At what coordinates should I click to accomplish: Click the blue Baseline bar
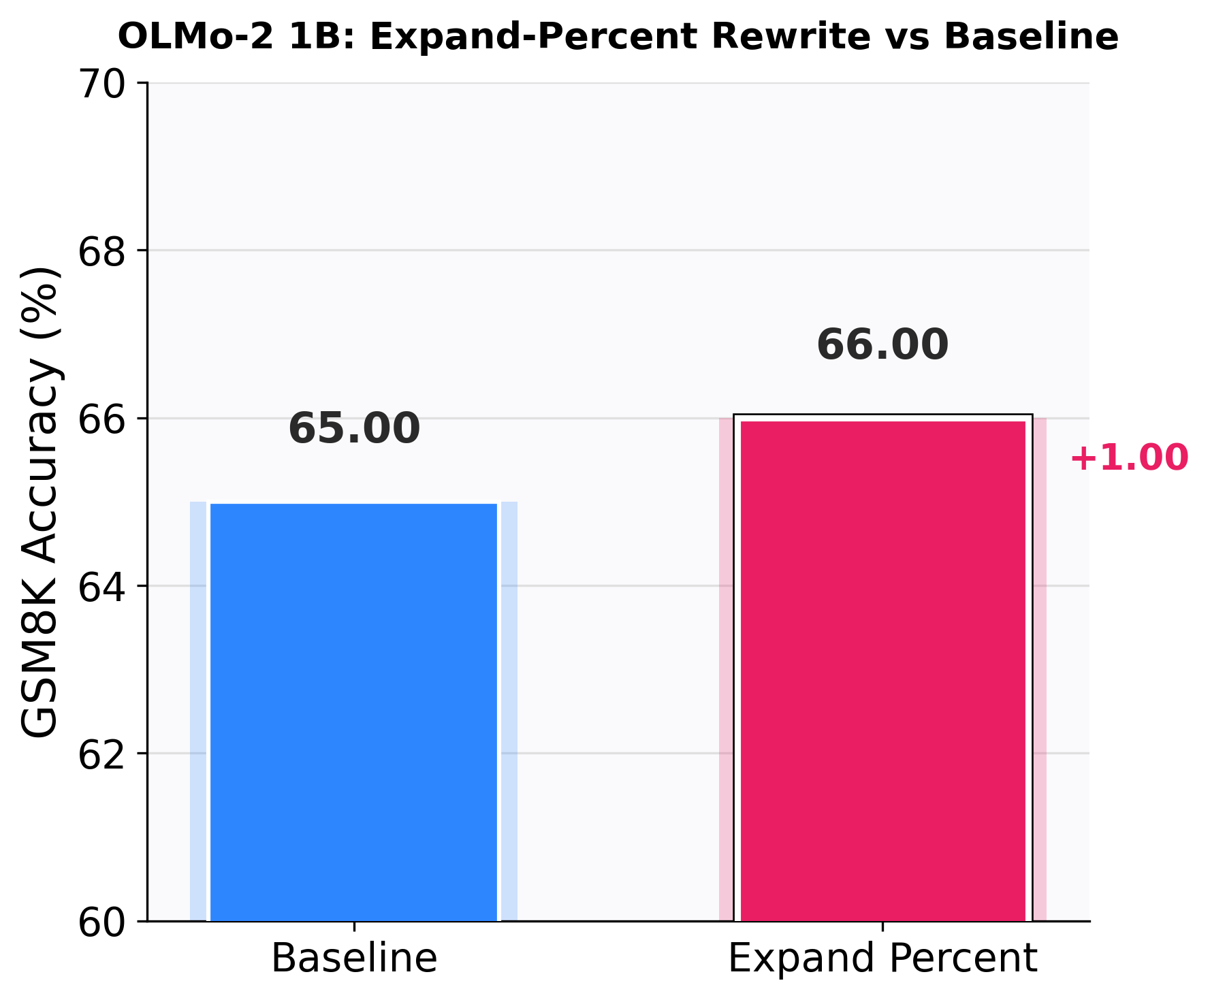(354, 712)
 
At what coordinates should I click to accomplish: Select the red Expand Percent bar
(882, 671)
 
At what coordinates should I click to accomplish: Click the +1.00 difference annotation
(1129, 457)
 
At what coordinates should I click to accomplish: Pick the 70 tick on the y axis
(102, 84)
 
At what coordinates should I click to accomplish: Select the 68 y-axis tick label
(102, 252)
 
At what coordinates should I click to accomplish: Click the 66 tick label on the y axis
(102, 419)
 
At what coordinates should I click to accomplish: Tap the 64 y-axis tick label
(102, 587)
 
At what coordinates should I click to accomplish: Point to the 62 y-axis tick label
(102, 754)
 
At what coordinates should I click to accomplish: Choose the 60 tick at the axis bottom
(102, 922)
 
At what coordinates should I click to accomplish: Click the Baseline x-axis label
(354, 958)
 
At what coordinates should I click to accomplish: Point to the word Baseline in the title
(1031, 37)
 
